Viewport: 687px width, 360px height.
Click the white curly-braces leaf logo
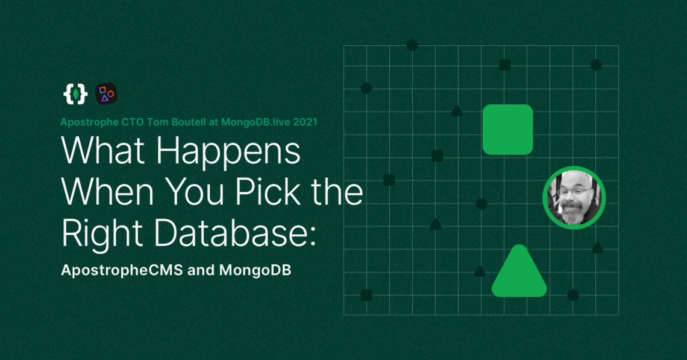[75, 93]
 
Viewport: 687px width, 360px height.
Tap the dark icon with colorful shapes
[106, 93]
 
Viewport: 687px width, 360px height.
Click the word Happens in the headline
[229, 152]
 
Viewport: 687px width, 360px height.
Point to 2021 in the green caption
[305, 121]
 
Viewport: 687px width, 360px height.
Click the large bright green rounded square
[507, 130]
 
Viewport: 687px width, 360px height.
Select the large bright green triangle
[519, 275]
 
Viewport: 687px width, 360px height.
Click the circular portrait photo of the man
[574, 198]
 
